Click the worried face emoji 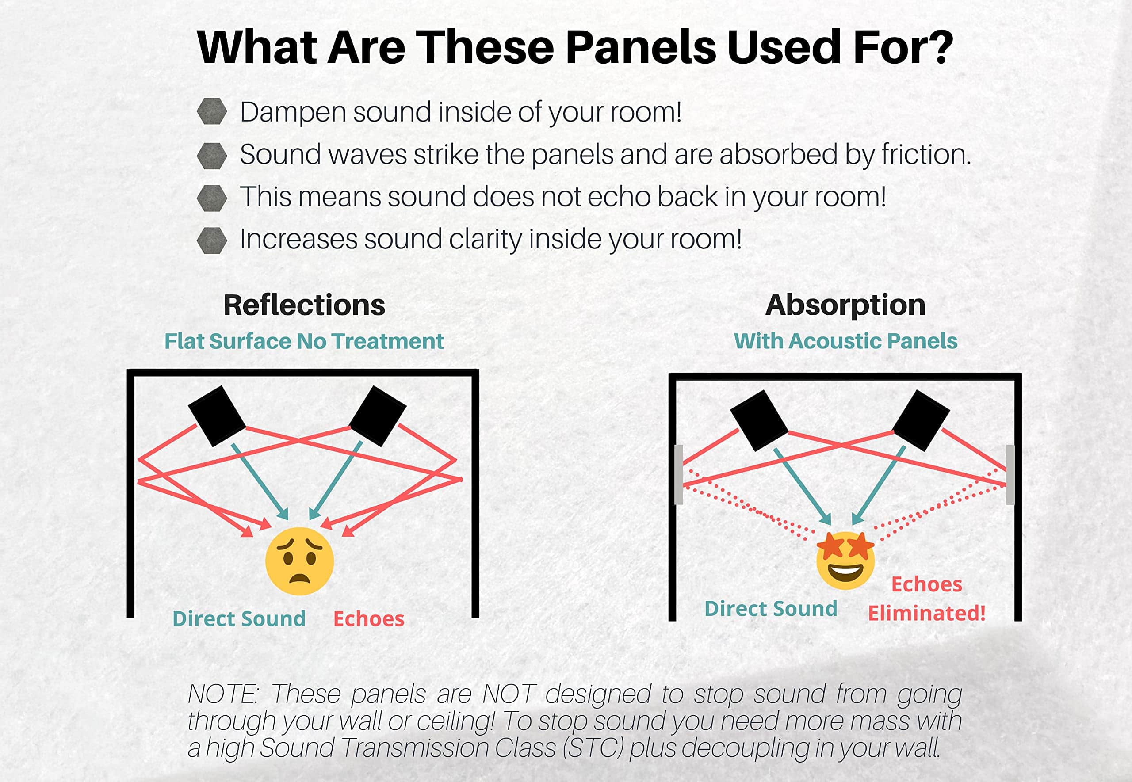click(x=299, y=561)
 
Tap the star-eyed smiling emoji click(x=845, y=560)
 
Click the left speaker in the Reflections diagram click(x=217, y=416)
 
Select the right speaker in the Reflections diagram click(x=378, y=416)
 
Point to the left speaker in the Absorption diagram click(x=760, y=420)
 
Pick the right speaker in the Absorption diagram click(x=921, y=420)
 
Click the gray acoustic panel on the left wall click(x=679, y=474)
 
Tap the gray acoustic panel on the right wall click(x=1010, y=474)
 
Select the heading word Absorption click(x=845, y=306)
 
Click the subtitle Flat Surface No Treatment click(x=304, y=341)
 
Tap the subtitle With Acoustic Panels click(x=845, y=341)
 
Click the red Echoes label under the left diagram click(x=369, y=619)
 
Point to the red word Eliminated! click(x=927, y=613)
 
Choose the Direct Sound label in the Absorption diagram click(x=771, y=609)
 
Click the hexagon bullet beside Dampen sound click(x=212, y=111)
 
